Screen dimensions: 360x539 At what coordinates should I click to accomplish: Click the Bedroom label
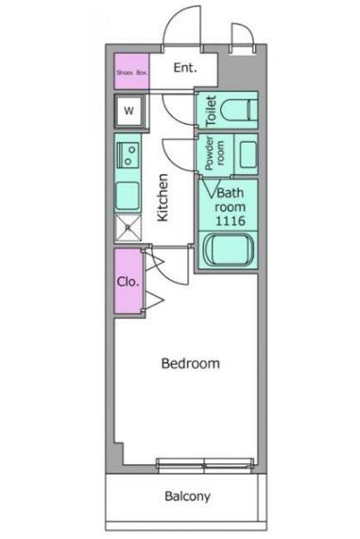[x=190, y=363]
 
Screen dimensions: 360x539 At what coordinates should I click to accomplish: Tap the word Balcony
[x=187, y=496]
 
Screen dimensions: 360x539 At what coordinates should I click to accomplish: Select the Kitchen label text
[x=163, y=198]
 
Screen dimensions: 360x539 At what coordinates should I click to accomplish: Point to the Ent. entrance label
[x=185, y=68]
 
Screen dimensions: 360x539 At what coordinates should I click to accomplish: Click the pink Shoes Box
[x=131, y=71]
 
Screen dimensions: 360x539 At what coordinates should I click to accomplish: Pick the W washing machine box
[x=129, y=111]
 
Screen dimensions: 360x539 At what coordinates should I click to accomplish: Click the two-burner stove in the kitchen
[x=129, y=155]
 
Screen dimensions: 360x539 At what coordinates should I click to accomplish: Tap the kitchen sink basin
[x=128, y=196]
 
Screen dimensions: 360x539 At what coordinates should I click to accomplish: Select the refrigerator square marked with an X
[x=129, y=227]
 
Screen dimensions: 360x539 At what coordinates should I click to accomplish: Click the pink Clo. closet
[x=129, y=282]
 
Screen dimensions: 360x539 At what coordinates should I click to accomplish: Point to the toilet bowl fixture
[x=239, y=110]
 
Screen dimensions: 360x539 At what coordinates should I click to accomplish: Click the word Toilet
[x=211, y=111]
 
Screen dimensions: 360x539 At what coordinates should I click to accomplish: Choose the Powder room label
[x=214, y=153]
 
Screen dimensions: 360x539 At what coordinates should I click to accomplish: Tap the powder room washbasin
[x=249, y=155]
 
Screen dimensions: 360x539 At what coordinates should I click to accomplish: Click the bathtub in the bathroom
[x=229, y=250]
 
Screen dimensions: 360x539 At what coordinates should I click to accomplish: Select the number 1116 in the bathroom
[x=231, y=220]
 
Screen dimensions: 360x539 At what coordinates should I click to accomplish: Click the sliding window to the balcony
[x=205, y=465]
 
